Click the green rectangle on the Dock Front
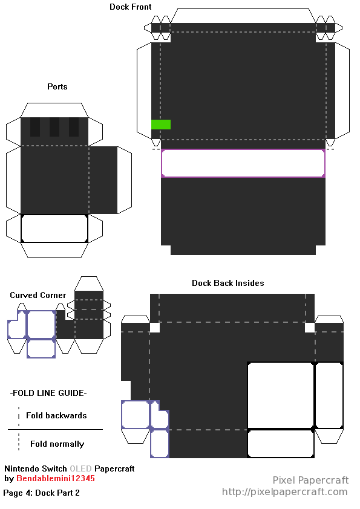(x=161, y=125)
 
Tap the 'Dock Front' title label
(x=130, y=7)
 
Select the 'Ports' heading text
(x=57, y=86)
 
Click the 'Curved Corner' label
(x=38, y=295)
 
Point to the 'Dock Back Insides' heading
(x=227, y=283)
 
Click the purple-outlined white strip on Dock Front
(x=243, y=163)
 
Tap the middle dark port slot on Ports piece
(x=54, y=127)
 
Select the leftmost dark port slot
(x=35, y=127)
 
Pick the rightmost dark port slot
(x=74, y=127)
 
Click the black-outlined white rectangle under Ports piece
(x=54, y=229)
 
